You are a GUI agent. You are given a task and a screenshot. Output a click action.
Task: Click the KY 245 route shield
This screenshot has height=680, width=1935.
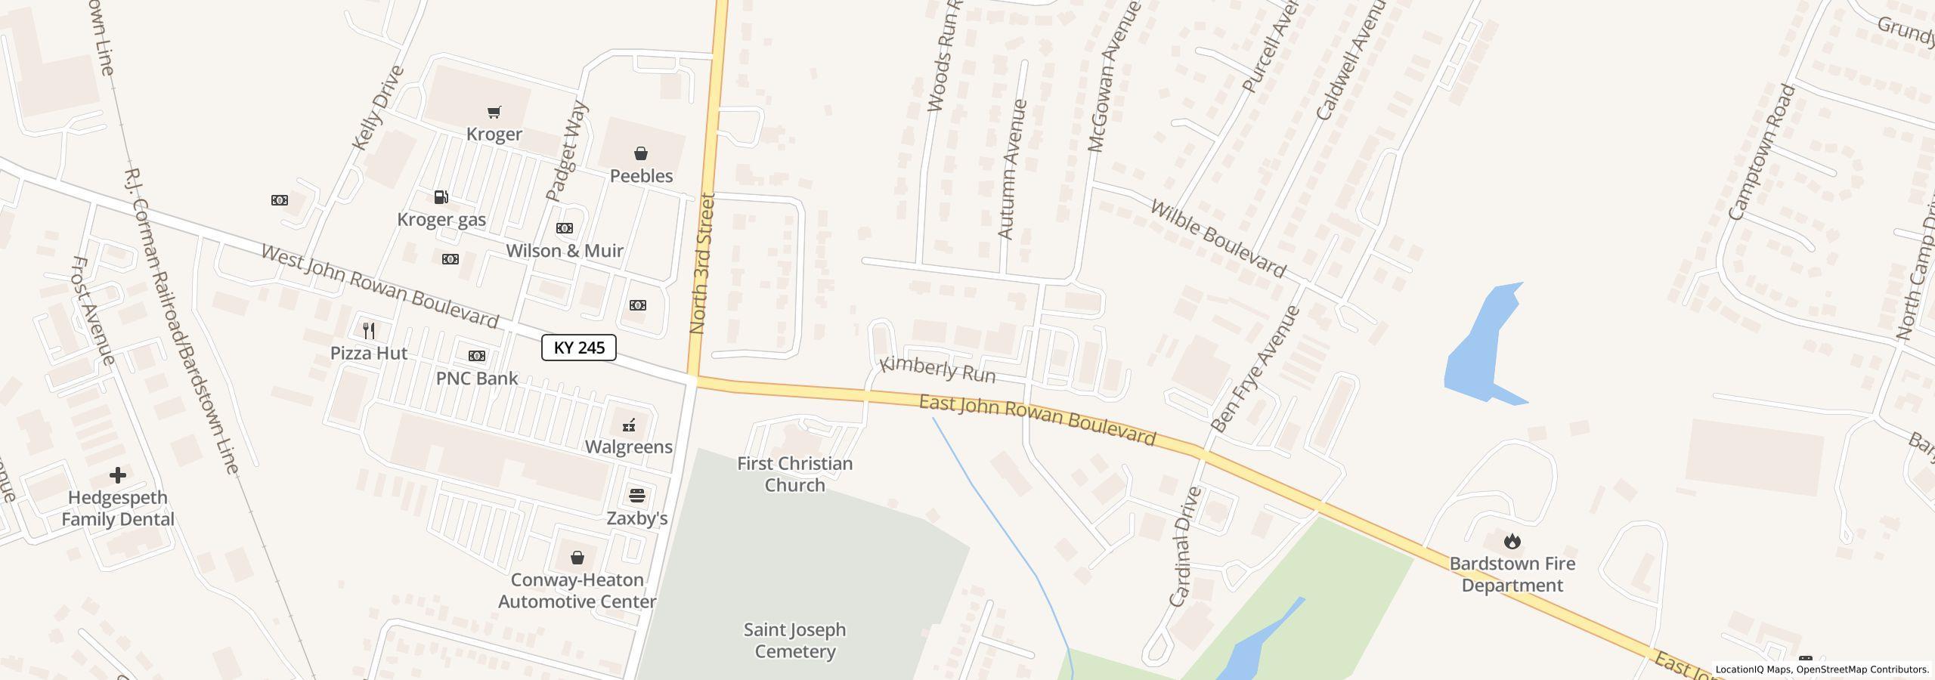pos(578,348)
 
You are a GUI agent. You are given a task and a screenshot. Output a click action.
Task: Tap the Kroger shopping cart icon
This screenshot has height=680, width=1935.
pos(494,113)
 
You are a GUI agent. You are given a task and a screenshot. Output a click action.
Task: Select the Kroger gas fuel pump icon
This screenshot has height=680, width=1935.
pos(441,197)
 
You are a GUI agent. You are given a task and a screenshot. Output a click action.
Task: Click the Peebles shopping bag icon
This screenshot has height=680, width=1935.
pos(641,154)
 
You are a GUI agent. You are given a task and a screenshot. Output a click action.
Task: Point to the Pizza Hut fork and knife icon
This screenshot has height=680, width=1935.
pos(369,330)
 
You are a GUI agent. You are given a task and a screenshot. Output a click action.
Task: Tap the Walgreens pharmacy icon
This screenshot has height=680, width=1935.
pos(629,425)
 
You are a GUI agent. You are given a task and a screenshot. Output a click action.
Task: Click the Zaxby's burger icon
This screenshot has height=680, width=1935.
pos(637,496)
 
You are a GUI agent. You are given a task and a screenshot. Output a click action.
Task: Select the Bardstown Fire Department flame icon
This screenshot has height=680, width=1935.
pos(1512,541)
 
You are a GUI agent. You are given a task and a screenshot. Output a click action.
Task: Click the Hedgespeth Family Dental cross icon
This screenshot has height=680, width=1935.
pos(117,475)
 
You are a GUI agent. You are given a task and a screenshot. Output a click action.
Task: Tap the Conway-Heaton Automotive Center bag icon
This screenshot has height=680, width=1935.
pos(577,558)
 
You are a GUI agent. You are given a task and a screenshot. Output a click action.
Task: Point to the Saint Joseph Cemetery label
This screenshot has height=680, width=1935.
pos(794,641)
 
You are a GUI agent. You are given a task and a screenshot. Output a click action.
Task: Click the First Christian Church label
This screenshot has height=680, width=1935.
pos(794,474)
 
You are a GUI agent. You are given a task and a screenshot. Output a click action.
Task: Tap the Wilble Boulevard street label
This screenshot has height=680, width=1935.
pos(1217,238)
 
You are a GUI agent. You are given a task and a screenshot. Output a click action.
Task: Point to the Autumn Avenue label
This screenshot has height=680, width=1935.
pos(1013,169)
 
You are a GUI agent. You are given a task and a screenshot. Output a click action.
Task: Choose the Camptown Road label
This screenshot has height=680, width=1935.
pos(1761,152)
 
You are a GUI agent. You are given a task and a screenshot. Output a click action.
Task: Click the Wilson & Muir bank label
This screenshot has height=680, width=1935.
pos(565,251)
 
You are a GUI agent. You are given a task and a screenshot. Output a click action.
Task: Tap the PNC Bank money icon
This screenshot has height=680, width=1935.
pos(477,356)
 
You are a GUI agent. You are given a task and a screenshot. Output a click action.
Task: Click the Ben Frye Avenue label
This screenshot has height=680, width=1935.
pos(1255,369)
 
